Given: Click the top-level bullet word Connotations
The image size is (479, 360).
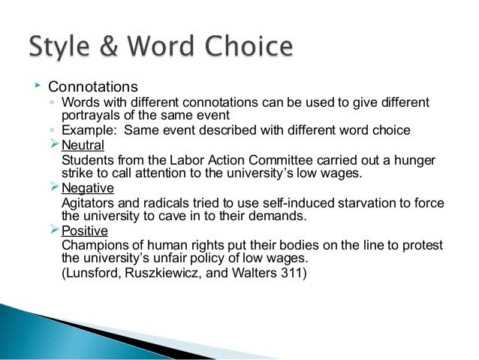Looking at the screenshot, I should [x=94, y=86].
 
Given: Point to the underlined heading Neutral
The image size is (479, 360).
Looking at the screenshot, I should [x=83, y=145].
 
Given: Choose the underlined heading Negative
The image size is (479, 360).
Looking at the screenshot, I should [x=87, y=188].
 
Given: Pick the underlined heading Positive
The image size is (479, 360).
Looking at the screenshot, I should [x=85, y=231].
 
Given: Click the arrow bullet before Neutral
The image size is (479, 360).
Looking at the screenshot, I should [x=53, y=144].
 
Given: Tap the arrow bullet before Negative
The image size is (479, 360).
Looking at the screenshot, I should [x=53, y=187].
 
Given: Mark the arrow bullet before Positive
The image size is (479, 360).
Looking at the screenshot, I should [x=53, y=230].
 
